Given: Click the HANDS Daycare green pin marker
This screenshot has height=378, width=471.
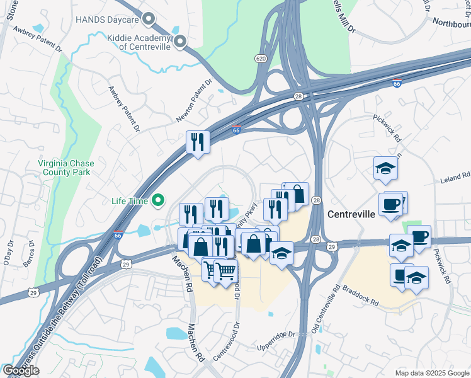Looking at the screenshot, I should (x=149, y=20).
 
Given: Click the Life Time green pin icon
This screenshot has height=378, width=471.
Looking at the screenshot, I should (x=157, y=201).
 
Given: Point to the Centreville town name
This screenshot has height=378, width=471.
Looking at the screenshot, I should (x=351, y=214).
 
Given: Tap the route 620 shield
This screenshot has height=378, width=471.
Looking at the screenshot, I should (x=261, y=59).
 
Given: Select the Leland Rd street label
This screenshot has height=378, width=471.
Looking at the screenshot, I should (x=457, y=178).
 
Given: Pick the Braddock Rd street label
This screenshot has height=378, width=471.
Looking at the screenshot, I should (x=361, y=294).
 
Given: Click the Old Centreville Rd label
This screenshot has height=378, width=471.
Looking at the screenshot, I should (x=324, y=312).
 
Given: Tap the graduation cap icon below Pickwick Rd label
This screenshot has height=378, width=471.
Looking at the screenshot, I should (x=385, y=168).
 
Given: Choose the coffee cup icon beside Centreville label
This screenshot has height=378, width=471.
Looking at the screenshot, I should (x=391, y=205).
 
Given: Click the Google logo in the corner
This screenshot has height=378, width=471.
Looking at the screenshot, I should (x=21, y=370).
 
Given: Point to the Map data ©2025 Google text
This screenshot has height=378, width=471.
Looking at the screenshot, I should (x=432, y=373).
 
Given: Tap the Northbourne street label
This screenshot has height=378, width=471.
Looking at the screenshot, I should (x=451, y=23).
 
